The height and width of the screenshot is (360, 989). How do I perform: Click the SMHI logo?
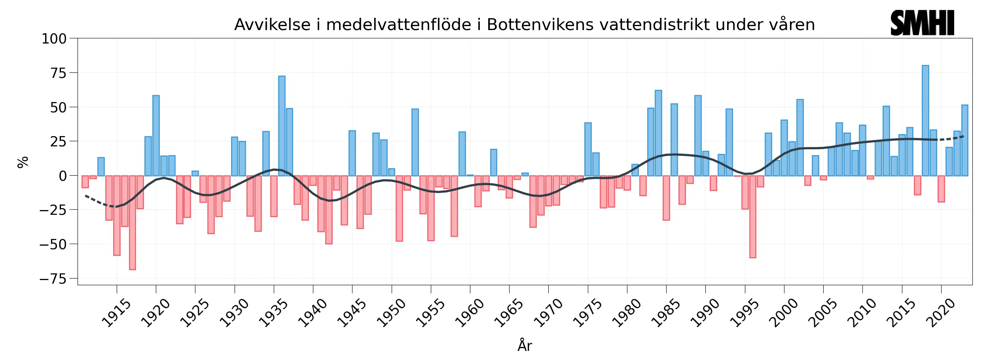coord(922,23)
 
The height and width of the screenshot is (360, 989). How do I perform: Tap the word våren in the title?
coord(792,25)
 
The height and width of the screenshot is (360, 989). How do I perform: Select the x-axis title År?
coord(525,345)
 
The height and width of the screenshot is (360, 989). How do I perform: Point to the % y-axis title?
coord(23,162)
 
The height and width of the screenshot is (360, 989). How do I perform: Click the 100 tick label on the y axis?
coord(54,39)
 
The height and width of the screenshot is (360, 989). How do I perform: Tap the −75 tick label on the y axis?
coord(53,279)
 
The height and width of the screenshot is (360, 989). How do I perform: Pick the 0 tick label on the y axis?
coord(63,176)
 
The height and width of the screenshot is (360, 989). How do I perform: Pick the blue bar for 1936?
coord(282,127)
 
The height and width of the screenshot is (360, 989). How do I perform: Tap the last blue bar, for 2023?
coord(964,140)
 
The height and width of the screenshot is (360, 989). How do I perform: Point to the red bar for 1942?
coord(329,210)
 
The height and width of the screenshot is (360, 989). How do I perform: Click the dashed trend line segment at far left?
coord(95,201)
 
